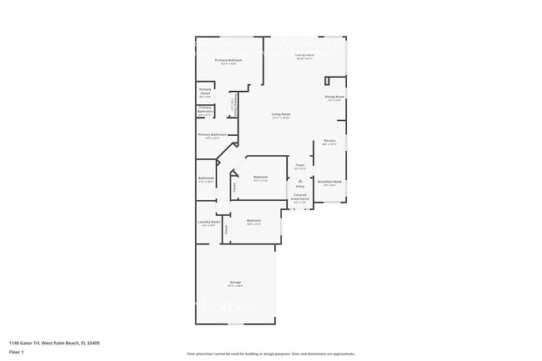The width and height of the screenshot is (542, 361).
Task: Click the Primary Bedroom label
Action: pyautogui.click(x=228, y=61)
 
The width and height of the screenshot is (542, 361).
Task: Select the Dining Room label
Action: pyautogui.click(x=334, y=98)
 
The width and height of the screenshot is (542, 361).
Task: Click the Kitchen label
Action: pyautogui.click(x=329, y=141)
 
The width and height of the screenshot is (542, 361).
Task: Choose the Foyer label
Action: pyautogui.click(x=299, y=165)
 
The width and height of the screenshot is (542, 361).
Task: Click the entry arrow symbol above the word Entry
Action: pyautogui.click(x=300, y=179)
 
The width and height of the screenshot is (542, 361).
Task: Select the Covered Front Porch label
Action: pyautogui.click(x=300, y=198)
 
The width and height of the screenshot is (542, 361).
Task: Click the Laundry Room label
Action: pyautogui.click(x=208, y=222)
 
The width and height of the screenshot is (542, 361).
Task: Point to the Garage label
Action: pyautogui.click(x=235, y=283)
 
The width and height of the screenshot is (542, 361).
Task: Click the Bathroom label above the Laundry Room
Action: pyautogui.click(x=206, y=178)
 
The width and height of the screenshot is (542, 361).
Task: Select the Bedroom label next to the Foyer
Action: pyautogui.click(x=261, y=177)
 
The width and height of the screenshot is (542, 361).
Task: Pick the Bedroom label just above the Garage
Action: pyautogui.click(x=253, y=221)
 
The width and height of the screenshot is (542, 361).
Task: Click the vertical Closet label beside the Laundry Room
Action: pyautogui.click(x=226, y=229)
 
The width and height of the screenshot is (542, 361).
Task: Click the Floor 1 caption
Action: pyautogui.click(x=17, y=352)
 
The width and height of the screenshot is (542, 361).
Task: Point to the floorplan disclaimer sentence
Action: pyautogui.click(x=270, y=353)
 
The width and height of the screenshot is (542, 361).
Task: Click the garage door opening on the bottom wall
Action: pyautogui.click(x=235, y=322)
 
